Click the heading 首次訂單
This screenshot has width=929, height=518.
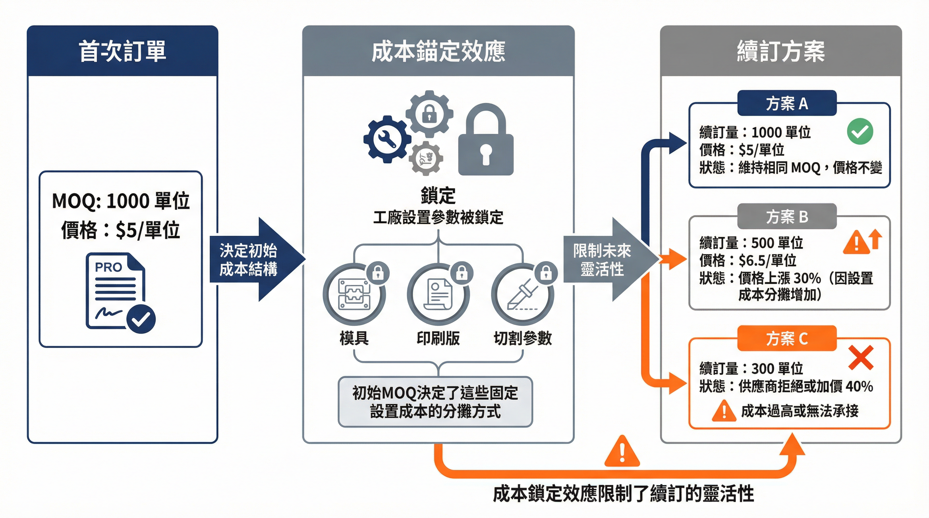[x=122, y=51]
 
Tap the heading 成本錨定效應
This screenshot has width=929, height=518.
[x=438, y=51]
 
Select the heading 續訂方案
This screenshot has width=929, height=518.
[x=781, y=51]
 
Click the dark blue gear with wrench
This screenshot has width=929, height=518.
[x=387, y=139]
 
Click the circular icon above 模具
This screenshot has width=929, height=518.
[x=354, y=295]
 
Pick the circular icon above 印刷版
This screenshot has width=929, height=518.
[x=438, y=295]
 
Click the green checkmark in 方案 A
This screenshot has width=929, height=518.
[x=860, y=132]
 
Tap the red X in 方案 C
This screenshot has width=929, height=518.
[x=861, y=357]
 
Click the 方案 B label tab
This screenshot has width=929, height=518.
[x=787, y=217]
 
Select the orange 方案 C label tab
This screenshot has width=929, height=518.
[x=787, y=338]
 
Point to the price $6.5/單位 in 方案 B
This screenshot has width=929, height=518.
[x=767, y=260]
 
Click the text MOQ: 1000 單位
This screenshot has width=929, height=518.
[x=121, y=201]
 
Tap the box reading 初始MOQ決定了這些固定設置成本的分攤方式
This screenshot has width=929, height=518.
[x=435, y=402]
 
